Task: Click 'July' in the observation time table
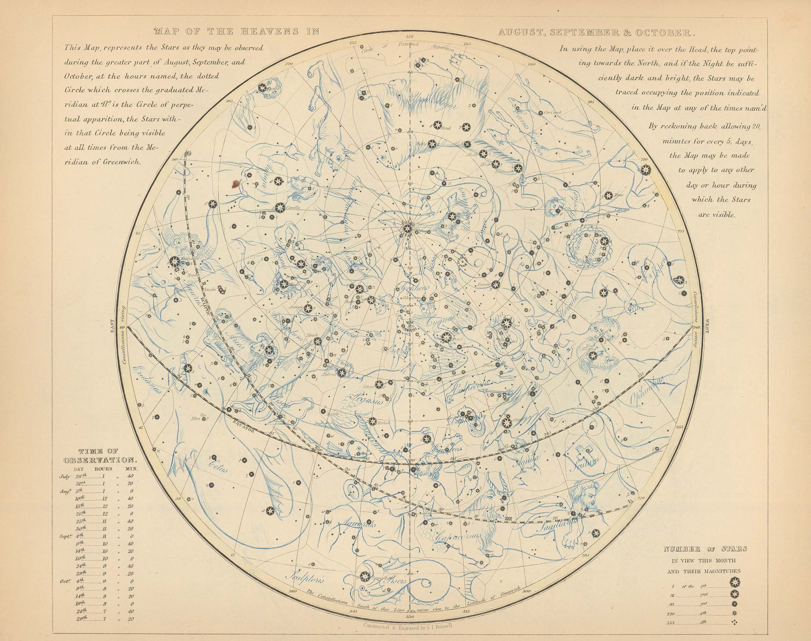pyautogui.click(x=65, y=476)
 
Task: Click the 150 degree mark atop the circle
pyautogui.click(x=409, y=37)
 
